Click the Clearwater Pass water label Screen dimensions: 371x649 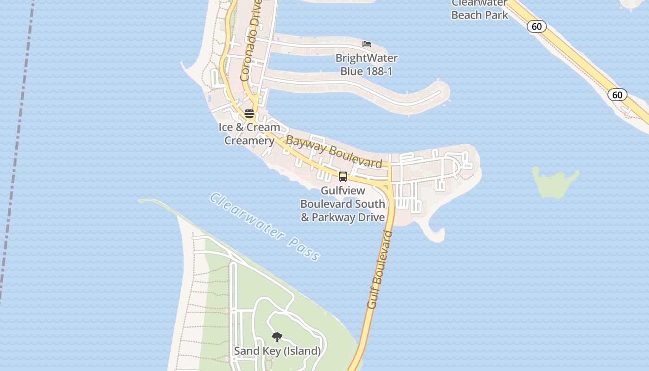pyautogui.click(x=264, y=226)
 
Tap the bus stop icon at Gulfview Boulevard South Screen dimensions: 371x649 pyautogui.click(x=343, y=177)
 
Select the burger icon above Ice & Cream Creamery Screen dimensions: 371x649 pyautogui.click(x=249, y=114)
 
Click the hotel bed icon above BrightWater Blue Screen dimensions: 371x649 pyautogui.click(x=367, y=44)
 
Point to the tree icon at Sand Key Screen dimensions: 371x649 pyautogui.click(x=277, y=337)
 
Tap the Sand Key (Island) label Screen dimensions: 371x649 pyautogui.click(x=277, y=351)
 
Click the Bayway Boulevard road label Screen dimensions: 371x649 pyautogui.click(x=334, y=151)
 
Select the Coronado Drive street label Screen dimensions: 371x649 pyautogui.click(x=251, y=40)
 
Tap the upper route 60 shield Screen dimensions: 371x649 pyautogui.click(x=536, y=26)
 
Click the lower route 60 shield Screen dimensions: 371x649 pyautogui.click(x=617, y=95)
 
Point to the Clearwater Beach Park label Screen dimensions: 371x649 pyautogui.click(x=479, y=9)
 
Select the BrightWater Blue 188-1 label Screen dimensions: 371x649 pyautogui.click(x=366, y=65)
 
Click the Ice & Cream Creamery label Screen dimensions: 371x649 pyautogui.click(x=249, y=134)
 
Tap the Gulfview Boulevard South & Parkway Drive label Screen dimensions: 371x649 pyautogui.click(x=343, y=204)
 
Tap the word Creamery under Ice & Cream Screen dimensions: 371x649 pyautogui.click(x=249, y=141)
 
